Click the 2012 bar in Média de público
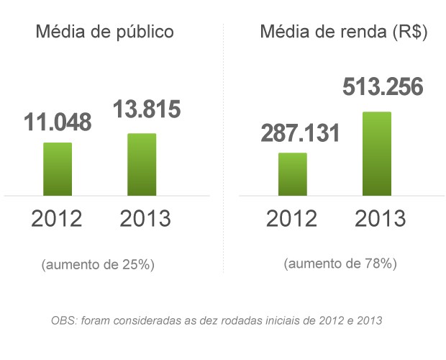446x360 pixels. point(58,169)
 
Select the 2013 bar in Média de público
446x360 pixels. point(142,164)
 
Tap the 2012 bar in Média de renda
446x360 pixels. point(293,174)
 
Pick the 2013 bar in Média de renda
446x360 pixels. point(377,153)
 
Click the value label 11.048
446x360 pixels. point(58,122)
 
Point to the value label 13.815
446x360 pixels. point(146,110)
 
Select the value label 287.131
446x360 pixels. point(300,133)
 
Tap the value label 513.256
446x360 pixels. point(383,88)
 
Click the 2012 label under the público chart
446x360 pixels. point(56,218)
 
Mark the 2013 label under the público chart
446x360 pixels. point(145,218)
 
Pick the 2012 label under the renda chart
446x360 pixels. point(291,218)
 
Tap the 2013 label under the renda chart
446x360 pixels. point(381,218)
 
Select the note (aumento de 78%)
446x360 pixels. point(340,264)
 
